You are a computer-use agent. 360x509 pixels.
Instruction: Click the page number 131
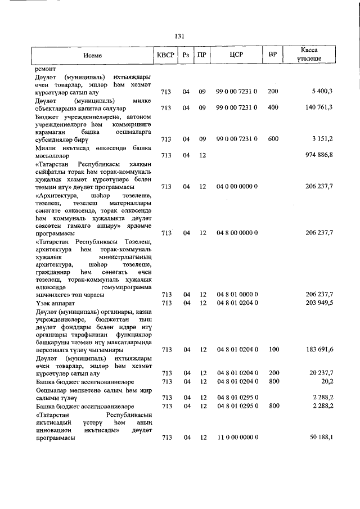pos(180,36)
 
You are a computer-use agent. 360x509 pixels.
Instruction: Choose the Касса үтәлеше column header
pos(310,55)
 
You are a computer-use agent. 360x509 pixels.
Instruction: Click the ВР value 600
pos(273,138)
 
